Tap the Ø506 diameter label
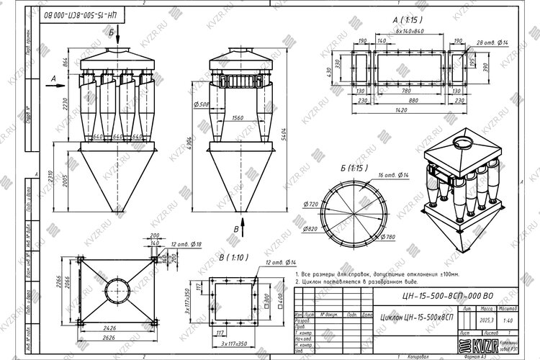[202, 104]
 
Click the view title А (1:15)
[408, 21]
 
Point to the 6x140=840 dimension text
[410, 32]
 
